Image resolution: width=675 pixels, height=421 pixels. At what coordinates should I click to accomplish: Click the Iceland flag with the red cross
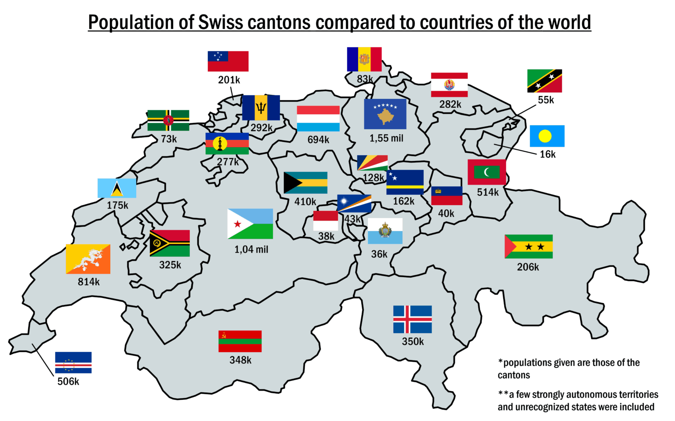(412, 319)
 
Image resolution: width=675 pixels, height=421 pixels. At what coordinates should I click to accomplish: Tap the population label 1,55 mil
(386, 138)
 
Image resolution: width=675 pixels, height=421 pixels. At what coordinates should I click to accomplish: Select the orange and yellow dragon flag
(88, 259)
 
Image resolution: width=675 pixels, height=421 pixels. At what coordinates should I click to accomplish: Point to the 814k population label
(89, 282)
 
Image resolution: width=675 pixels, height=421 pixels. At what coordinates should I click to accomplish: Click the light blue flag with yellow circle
(547, 136)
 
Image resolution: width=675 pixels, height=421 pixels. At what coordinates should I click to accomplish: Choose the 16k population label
(548, 154)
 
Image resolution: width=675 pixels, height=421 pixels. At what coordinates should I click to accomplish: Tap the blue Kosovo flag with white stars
(385, 114)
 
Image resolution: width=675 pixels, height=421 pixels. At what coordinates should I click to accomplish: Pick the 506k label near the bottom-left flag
(68, 381)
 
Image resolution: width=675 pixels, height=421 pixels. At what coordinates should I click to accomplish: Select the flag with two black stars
(528, 247)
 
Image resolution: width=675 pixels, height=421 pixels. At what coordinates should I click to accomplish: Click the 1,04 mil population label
(251, 250)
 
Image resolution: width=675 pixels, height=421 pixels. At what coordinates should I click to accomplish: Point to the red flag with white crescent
(486, 172)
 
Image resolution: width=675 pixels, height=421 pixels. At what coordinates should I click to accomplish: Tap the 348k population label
(240, 360)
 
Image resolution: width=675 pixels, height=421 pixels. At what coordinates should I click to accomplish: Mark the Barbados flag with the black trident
(261, 108)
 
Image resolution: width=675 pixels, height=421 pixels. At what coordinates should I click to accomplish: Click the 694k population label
(318, 140)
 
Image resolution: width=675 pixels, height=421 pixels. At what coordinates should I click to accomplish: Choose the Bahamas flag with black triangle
(305, 183)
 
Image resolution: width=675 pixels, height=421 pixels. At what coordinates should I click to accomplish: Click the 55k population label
(546, 100)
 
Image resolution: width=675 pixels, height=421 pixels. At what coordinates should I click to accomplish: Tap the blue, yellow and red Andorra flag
(364, 59)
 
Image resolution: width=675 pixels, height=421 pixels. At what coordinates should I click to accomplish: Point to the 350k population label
(413, 341)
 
